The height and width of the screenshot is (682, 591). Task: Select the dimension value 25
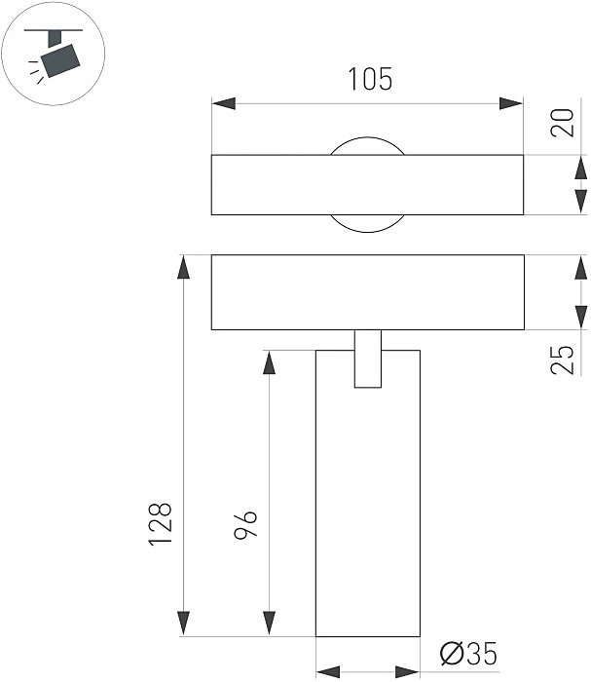click(563, 359)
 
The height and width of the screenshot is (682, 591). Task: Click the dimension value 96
click(245, 525)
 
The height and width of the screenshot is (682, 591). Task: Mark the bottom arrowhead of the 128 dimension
click(182, 625)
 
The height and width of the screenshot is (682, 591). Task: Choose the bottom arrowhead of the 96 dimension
click(267, 625)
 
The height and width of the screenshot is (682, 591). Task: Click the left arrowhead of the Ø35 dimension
click(327, 671)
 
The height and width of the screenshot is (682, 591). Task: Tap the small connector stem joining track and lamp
click(368, 360)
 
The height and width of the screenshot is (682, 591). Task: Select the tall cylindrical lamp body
click(368, 507)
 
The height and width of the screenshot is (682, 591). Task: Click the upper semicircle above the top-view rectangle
click(366, 145)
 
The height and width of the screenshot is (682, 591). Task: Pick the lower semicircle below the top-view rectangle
click(366, 223)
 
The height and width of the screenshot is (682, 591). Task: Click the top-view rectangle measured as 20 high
click(292, 184)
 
